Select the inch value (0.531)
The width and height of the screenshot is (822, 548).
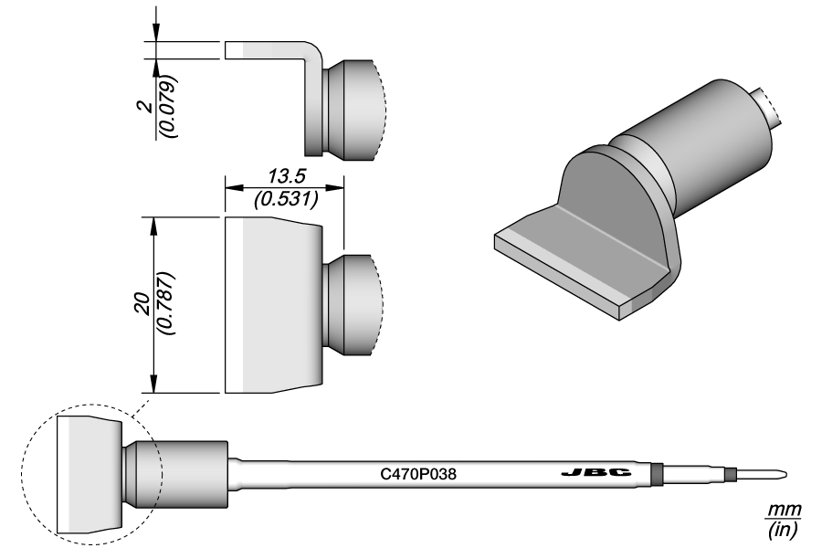[x=284, y=197]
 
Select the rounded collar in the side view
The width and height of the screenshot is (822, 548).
[x=352, y=110]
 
